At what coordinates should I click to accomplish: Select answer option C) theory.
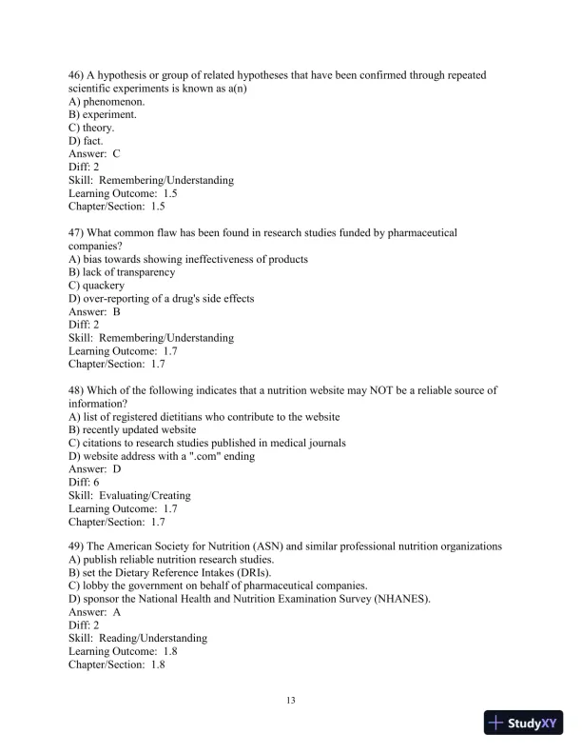tap(91, 127)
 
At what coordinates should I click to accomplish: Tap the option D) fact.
tap(86, 140)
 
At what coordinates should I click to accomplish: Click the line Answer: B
tap(94, 312)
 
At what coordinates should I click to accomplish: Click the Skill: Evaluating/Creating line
tap(129, 496)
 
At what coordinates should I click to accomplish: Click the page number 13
tap(291, 701)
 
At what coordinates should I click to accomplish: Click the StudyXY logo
tap(525, 723)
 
